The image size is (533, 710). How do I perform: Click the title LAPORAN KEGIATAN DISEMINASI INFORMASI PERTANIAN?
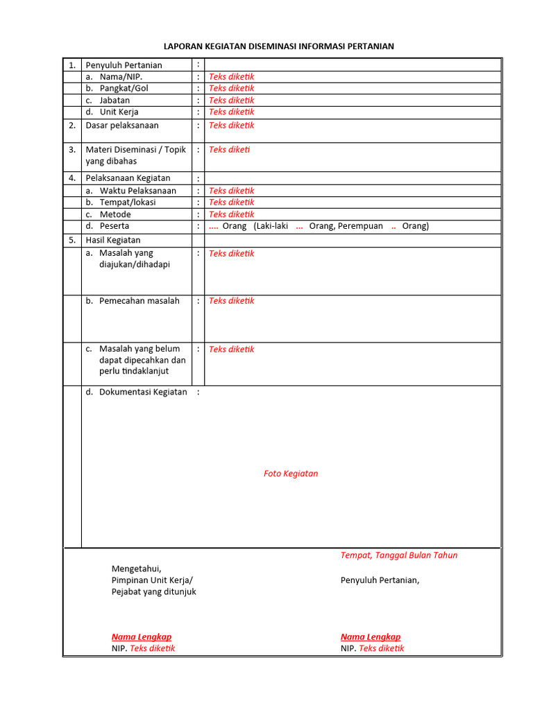(278, 46)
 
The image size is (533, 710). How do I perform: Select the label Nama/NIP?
(121, 77)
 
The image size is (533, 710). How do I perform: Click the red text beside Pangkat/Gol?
(231, 88)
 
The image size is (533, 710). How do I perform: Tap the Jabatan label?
(115, 100)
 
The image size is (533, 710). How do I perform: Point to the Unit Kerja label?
(119, 112)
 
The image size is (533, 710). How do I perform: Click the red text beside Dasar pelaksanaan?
(231, 125)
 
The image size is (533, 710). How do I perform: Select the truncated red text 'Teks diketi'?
(229, 149)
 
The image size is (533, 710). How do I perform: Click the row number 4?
(71, 178)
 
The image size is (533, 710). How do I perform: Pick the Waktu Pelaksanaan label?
(137, 191)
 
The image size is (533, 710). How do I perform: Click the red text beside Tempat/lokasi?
(231, 202)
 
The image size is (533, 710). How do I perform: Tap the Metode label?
(115, 214)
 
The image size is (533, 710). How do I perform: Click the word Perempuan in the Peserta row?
(359, 226)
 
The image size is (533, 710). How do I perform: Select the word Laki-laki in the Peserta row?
(271, 226)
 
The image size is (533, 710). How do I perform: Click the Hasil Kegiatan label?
(112, 240)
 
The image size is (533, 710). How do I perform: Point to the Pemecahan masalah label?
(139, 301)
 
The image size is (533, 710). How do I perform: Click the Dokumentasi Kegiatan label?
(143, 392)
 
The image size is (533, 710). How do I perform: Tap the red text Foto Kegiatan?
(291, 474)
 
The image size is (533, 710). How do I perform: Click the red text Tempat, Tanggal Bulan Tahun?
(398, 555)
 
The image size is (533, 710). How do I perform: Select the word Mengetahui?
(136, 569)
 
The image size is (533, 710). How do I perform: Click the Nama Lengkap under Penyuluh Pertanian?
(370, 637)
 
